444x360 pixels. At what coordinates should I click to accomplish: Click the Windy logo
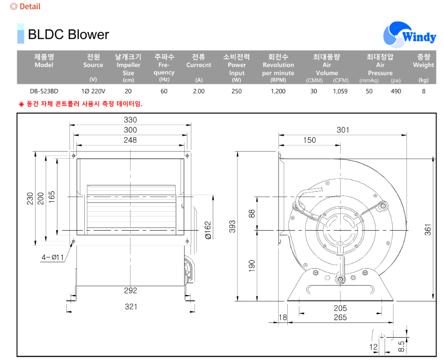click(410, 35)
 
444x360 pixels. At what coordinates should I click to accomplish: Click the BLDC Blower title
click(68, 35)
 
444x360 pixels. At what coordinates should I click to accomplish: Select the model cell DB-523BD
click(44, 91)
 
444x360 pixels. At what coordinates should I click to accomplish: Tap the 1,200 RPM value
click(278, 91)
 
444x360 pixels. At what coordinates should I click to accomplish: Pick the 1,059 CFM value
click(340, 91)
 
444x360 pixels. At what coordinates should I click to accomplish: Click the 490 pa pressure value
click(396, 91)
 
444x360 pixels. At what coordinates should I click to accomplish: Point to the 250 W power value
click(237, 91)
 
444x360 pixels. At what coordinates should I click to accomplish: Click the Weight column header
click(423, 61)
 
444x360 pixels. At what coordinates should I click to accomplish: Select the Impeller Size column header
click(129, 65)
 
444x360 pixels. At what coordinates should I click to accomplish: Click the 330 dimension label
click(130, 120)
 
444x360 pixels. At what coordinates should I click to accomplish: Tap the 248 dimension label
click(130, 140)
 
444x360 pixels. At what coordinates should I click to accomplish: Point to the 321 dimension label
click(131, 306)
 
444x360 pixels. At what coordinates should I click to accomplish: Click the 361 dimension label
click(427, 230)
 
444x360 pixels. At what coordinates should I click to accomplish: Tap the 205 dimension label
click(340, 308)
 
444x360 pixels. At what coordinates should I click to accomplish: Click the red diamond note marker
click(21, 104)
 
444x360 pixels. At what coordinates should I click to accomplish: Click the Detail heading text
click(30, 6)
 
